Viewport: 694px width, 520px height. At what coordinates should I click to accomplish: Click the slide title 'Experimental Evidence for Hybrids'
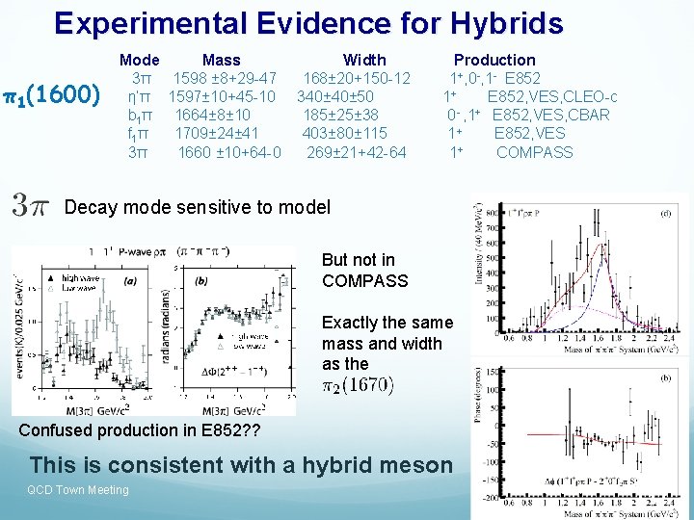(x=308, y=23)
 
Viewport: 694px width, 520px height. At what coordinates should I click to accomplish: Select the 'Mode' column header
(x=140, y=60)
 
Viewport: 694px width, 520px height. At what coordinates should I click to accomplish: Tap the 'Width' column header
(x=364, y=60)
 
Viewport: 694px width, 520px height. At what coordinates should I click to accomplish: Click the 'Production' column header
(x=494, y=60)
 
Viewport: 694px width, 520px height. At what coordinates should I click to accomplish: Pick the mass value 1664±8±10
(x=213, y=116)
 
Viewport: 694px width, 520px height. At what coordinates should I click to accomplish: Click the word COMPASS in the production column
(x=534, y=152)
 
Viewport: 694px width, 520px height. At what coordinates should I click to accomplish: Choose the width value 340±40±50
(x=335, y=96)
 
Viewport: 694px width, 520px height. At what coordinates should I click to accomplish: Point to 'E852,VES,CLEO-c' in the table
(x=552, y=96)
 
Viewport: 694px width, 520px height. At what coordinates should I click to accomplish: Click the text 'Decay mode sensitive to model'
(x=197, y=207)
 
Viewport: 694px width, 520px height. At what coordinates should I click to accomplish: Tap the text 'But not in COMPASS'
(x=365, y=271)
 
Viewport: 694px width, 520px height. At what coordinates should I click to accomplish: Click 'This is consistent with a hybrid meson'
(x=241, y=465)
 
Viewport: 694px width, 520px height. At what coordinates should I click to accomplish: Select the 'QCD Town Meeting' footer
(x=79, y=490)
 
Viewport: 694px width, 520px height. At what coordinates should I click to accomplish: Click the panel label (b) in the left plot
(x=200, y=280)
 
